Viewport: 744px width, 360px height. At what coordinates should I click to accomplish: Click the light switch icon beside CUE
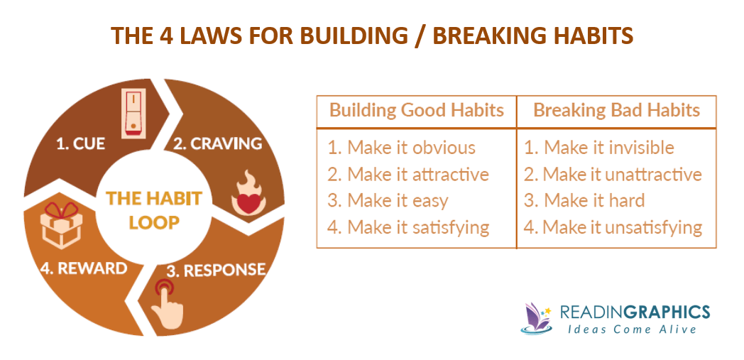(x=135, y=112)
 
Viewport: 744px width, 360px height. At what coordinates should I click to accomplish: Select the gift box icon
(x=61, y=226)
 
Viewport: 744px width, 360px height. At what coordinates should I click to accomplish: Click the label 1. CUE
(x=81, y=144)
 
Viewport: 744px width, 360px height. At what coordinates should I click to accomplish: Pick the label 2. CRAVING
(x=217, y=143)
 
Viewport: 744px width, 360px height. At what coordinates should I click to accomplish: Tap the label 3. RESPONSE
(x=215, y=270)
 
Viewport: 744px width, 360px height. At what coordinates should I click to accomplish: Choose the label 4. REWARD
(x=84, y=268)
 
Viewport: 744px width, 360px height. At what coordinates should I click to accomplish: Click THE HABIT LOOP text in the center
(x=154, y=209)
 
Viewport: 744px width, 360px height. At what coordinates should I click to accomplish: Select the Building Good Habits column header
(x=416, y=111)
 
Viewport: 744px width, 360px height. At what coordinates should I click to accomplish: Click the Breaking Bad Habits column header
(x=616, y=111)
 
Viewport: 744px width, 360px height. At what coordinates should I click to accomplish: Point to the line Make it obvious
(x=401, y=148)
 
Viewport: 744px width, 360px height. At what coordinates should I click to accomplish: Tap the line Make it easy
(x=387, y=201)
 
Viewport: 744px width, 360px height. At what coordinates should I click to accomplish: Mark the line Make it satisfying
(x=408, y=228)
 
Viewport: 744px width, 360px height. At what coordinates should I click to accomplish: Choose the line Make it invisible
(x=598, y=148)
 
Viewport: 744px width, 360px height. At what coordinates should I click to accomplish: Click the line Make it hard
(x=584, y=201)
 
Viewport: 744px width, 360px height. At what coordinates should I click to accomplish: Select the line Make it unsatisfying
(x=613, y=228)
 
